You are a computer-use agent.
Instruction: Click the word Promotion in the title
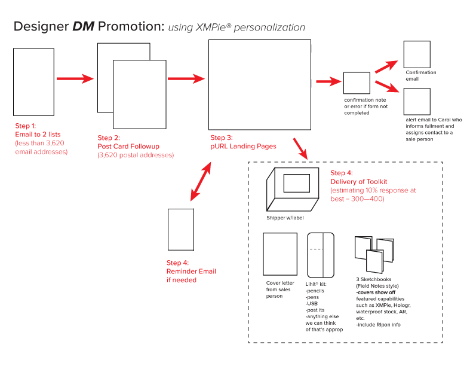(131, 27)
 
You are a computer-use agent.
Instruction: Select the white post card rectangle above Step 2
(140, 94)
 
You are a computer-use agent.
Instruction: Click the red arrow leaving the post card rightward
(186, 78)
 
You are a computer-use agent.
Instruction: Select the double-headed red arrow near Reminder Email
(201, 181)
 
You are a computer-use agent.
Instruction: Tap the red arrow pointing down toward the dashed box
(300, 149)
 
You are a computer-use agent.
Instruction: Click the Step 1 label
(26, 126)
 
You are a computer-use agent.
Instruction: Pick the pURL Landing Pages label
(243, 147)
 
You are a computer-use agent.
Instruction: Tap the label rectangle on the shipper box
(299, 183)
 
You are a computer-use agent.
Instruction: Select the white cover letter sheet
(280, 254)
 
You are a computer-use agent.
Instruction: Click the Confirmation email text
(420, 75)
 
